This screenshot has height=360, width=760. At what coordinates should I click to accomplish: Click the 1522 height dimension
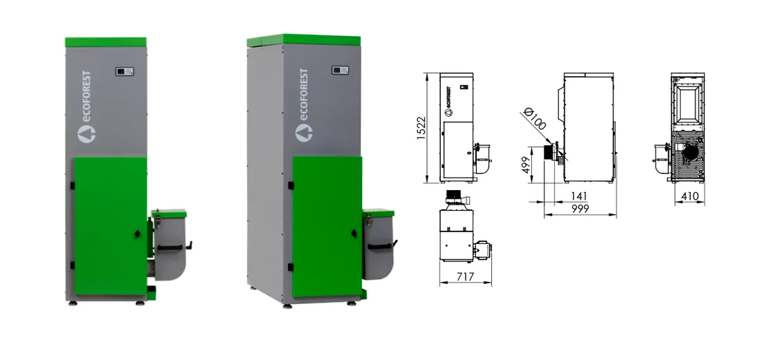pos(421,129)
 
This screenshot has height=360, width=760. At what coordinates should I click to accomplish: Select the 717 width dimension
pos(465,276)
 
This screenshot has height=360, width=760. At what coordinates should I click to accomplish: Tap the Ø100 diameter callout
pos(535,119)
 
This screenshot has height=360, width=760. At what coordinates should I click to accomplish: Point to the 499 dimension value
pos(526,164)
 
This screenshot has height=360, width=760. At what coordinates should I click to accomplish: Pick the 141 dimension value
pos(579,196)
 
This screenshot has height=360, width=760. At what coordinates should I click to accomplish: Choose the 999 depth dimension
pos(580,209)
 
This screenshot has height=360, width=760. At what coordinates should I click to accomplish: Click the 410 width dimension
pos(690,196)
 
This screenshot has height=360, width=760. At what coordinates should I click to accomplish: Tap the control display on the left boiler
pos(124,72)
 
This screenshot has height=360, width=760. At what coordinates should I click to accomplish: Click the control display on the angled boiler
pos(341,70)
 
